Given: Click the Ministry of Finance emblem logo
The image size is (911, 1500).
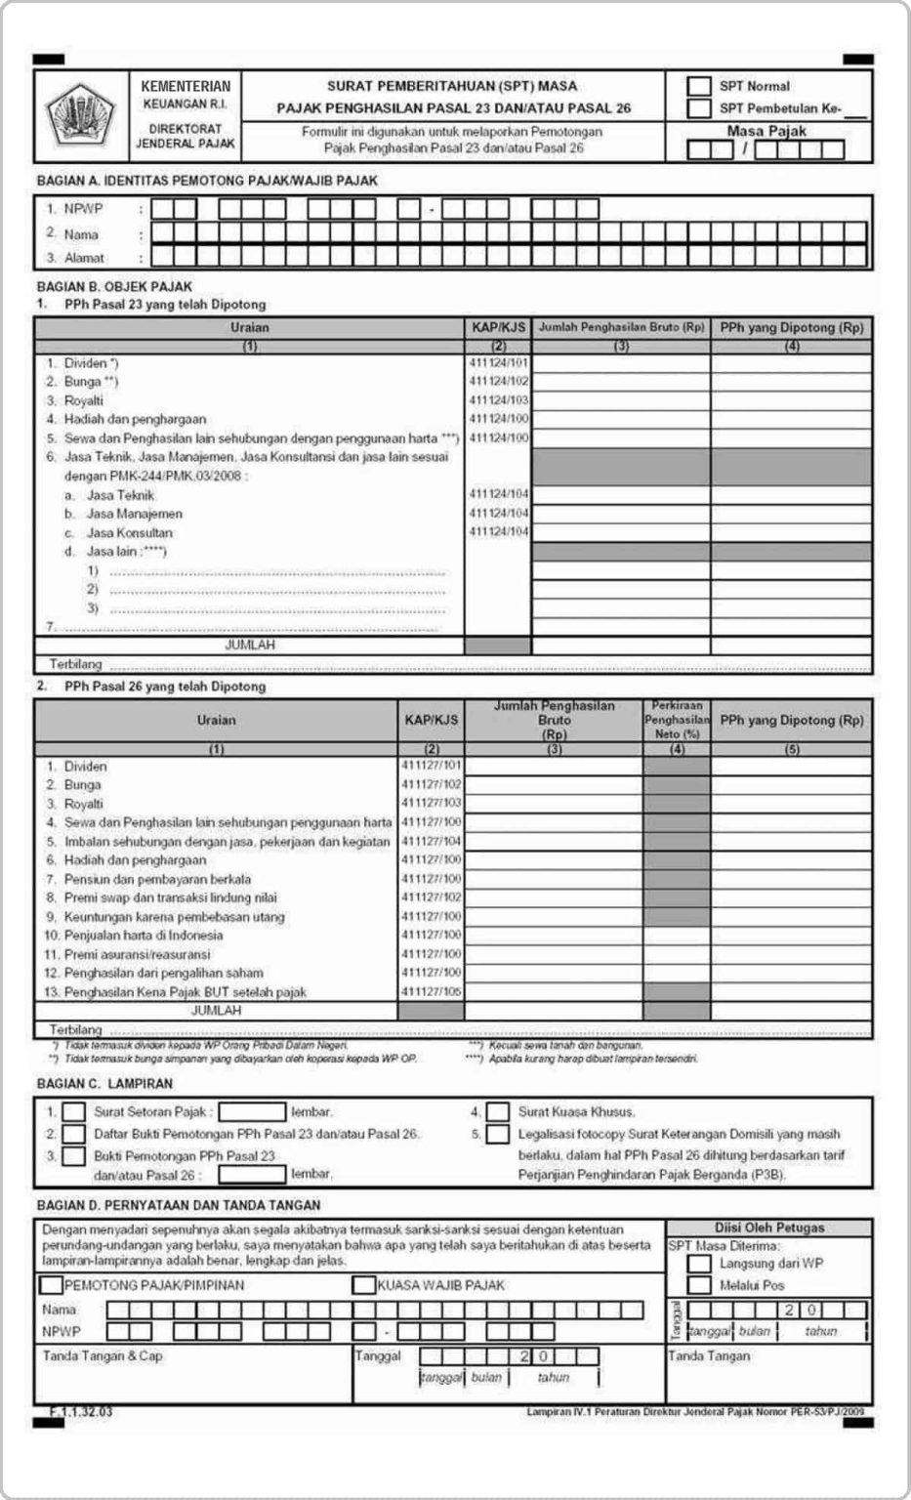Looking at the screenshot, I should [81, 116].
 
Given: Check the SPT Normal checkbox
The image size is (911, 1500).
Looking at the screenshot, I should [698, 86].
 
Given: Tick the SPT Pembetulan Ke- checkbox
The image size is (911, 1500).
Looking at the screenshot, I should [698, 107].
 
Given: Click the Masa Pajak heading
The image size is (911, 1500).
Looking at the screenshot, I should [766, 131].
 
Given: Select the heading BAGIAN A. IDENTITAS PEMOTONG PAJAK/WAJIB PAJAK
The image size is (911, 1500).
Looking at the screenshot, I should [207, 181].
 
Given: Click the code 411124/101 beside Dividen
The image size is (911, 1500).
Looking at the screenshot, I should [498, 363].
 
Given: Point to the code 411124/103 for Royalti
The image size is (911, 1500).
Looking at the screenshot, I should [498, 400].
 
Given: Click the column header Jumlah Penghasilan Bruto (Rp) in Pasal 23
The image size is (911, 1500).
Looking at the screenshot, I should [621, 328].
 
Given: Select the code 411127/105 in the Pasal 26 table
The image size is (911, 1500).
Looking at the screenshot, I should [431, 991].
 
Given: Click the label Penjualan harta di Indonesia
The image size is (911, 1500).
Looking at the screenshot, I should [143, 935].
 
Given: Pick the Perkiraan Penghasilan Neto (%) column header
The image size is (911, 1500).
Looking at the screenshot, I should [677, 721].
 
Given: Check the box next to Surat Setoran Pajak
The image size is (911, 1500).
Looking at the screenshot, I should [74, 1111].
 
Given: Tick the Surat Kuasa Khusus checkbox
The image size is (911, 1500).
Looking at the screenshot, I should [498, 1111].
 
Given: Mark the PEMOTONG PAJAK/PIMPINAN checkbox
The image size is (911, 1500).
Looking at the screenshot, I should [51, 1285].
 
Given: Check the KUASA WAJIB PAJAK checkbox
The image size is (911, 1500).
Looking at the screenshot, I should [363, 1285].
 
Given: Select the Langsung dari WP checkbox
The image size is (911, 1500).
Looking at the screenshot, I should [699, 1264].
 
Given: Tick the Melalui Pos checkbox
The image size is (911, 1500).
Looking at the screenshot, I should [699, 1285].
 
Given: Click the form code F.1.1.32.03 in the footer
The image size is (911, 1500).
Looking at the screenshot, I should [81, 1411].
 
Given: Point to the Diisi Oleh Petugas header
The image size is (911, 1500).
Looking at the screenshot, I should [768, 1228].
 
